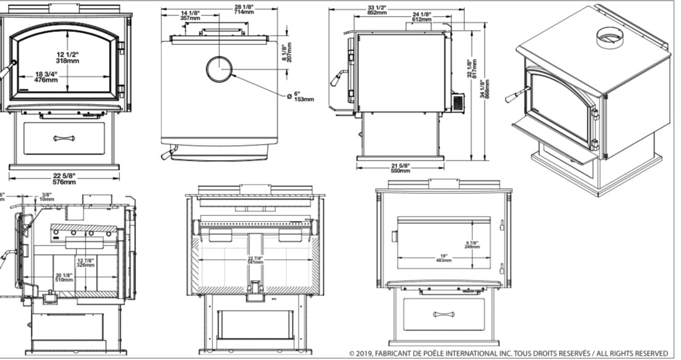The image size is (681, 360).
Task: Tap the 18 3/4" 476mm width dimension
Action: coord(47,77)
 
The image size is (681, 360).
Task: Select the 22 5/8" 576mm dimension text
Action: coord(64,179)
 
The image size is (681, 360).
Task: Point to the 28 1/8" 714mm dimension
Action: coord(226,9)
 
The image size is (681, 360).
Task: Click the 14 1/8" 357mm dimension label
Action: coord(190,15)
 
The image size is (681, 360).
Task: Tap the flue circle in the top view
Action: coord(219,69)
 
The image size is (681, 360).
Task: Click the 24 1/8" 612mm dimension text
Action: coord(422,16)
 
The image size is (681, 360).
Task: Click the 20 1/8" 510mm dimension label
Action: coord(63,277)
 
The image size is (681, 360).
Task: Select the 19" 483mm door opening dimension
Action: coord(443,258)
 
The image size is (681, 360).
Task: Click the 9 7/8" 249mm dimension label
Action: coord(474,244)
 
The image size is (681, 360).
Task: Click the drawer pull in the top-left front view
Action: coord(63,138)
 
